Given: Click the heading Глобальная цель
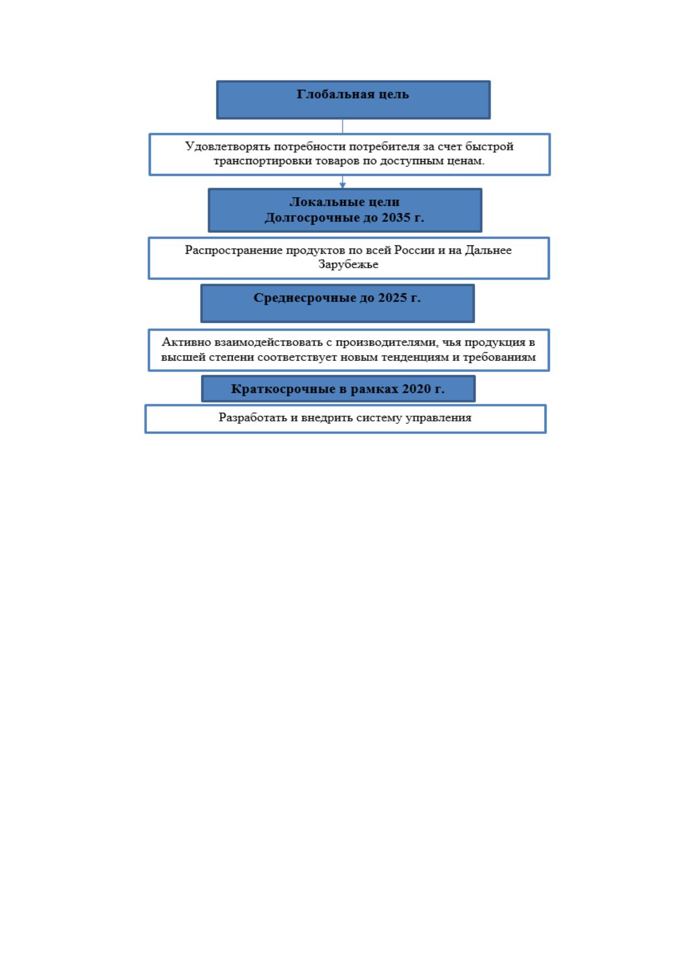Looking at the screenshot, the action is [x=353, y=94].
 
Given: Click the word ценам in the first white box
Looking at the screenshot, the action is [x=469, y=161].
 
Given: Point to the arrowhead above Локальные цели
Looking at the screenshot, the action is [x=343, y=185].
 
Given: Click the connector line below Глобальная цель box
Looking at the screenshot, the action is [x=343, y=126].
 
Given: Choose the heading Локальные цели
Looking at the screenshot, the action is [x=345, y=201].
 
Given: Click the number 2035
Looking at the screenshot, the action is [x=396, y=217].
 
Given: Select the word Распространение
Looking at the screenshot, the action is [x=233, y=250].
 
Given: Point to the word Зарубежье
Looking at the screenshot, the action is [x=348, y=264].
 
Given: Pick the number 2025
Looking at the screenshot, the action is [x=392, y=297].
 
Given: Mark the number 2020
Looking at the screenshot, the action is [x=416, y=389].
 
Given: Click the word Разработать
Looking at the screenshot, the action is [x=253, y=417].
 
